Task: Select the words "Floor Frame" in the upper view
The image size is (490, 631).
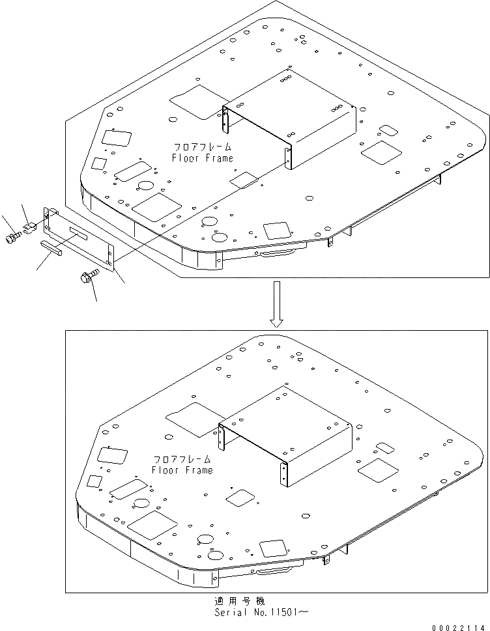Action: [x=202, y=158]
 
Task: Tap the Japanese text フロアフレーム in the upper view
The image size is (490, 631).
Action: [x=203, y=147]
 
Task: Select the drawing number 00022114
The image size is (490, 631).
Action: [x=463, y=626]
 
